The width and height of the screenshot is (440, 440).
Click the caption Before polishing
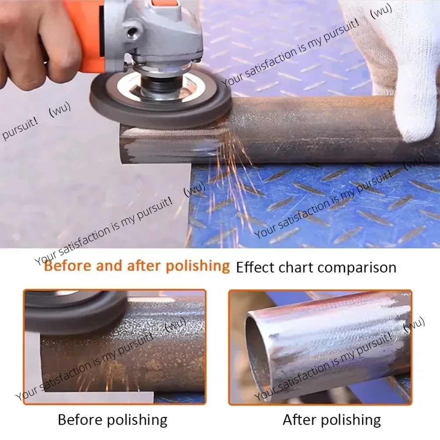click(113, 420)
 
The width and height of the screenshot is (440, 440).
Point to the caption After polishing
click(332, 420)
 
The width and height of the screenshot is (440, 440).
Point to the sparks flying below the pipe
click(237, 185)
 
